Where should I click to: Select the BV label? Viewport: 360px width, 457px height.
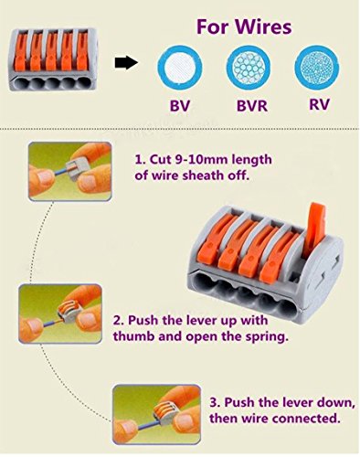177,104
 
